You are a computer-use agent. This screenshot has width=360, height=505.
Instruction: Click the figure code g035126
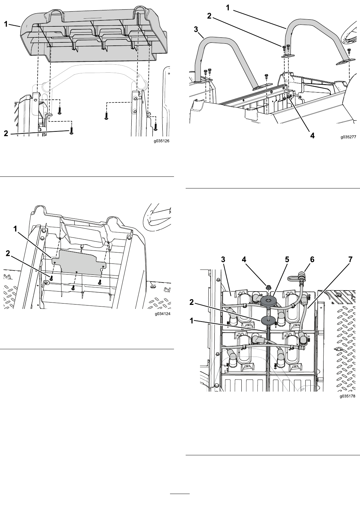click(162, 141)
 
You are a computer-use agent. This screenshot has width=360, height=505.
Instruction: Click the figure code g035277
click(348, 137)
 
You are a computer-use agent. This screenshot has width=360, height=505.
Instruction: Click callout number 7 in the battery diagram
click(350, 260)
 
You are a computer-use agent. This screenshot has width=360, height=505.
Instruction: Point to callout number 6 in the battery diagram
click(312, 260)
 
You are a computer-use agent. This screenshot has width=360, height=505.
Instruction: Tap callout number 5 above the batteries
click(287, 260)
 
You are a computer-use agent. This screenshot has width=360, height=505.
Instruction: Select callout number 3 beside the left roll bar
click(196, 29)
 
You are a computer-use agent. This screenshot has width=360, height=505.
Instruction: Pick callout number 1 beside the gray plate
click(15, 229)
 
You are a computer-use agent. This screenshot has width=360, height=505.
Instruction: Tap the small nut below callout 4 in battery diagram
click(268, 287)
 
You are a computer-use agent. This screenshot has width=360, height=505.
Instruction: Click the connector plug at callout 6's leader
click(301, 276)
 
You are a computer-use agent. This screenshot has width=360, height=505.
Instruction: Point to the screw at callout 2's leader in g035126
click(71, 131)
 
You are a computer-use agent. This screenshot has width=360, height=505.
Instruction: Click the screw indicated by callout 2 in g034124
click(51, 278)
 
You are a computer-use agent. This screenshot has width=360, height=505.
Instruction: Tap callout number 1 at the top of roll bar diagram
click(228, 8)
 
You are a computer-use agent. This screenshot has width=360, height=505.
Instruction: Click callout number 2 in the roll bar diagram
click(209, 16)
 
